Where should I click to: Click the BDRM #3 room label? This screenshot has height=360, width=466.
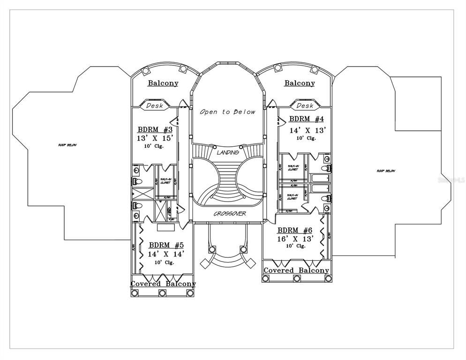point(155,129)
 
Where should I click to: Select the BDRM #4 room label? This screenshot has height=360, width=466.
point(307,119)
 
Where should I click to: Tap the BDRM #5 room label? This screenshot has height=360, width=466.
point(166,245)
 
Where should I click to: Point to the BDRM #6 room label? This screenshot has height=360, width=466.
point(295,230)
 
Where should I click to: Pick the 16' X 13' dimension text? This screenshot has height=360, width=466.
point(295,238)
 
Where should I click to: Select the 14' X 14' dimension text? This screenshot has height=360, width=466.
point(166,254)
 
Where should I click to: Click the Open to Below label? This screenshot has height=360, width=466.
point(228,112)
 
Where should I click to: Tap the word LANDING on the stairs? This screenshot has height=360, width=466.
point(228,152)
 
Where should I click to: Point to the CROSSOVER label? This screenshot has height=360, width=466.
point(230,214)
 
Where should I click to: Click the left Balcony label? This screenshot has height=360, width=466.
point(163,83)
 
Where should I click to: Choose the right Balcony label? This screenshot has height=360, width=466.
point(300,83)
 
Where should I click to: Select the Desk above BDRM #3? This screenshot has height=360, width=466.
point(155,105)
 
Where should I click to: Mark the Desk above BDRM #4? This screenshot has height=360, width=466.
point(305,105)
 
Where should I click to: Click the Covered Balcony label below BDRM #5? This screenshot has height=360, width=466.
point(163,284)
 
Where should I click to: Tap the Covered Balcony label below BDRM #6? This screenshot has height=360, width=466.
point(296,270)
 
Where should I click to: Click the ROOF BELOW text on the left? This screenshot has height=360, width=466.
point(68,145)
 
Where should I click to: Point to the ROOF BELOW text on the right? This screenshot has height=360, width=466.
point(386,171)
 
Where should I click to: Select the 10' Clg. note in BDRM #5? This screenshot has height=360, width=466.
point(164,262)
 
